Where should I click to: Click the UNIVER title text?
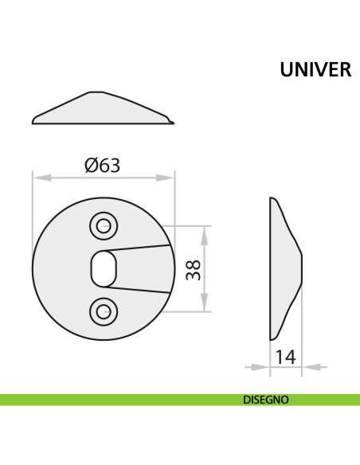click(x=315, y=70)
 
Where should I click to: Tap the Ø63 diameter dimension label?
click(x=102, y=165)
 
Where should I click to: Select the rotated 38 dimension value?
click(x=192, y=268)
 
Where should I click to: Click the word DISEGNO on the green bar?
click(x=266, y=400)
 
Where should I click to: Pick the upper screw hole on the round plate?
click(x=102, y=226)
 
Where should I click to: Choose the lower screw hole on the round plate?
click(x=102, y=311)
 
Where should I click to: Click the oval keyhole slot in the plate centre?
click(x=102, y=268)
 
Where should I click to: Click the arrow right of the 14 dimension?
click(x=311, y=367)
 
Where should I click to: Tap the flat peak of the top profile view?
click(x=95, y=92)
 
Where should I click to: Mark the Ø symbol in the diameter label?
click(x=91, y=165)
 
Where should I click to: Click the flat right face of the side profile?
click(x=301, y=269)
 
